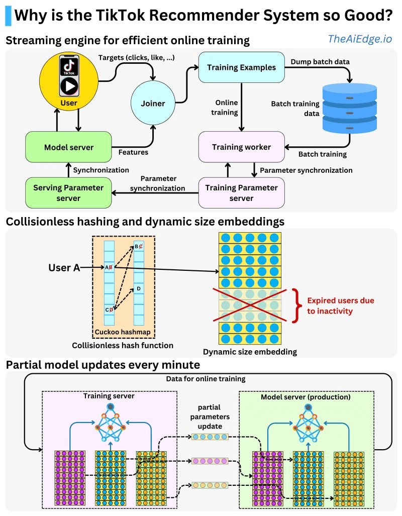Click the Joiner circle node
pyautogui.click(x=153, y=103)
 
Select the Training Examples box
pyautogui.click(x=241, y=67)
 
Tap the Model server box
pyautogui.click(x=68, y=147)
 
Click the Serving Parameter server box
pyautogui.click(x=68, y=193)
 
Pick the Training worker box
pyautogui.click(x=241, y=147)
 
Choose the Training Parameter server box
pyautogui.click(x=241, y=193)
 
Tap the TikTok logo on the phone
pyautogui.click(x=69, y=65)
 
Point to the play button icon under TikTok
pyautogui.click(x=69, y=86)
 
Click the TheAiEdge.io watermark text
pyautogui.click(x=360, y=39)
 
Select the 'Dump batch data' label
pyautogui.click(x=320, y=62)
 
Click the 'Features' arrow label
pyautogui.click(x=133, y=152)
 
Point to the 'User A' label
pyautogui.click(x=64, y=267)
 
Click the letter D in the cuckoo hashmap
pyautogui.click(x=139, y=288)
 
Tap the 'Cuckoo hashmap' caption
pyautogui.click(x=123, y=332)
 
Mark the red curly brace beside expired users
pyautogui.click(x=297, y=305)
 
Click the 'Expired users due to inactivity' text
pyautogui.click(x=340, y=305)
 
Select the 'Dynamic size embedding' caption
pyautogui.click(x=250, y=352)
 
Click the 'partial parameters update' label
pyautogui.click(x=210, y=417)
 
